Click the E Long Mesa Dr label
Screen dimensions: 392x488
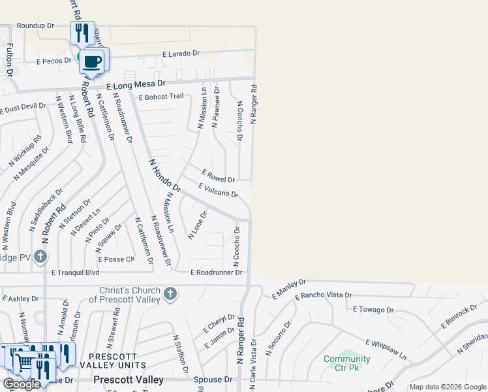click(137, 85)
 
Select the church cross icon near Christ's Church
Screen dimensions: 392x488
click(170, 294)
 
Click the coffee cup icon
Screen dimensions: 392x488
click(91, 62)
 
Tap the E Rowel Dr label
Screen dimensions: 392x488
click(219, 176)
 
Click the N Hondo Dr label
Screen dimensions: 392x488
click(164, 174)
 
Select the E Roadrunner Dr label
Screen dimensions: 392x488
click(216, 272)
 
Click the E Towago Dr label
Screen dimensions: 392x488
click(373, 310)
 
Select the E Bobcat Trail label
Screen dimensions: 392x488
click(161, 97)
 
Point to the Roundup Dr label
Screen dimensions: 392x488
click(35, 25)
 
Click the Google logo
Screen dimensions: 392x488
click(22, 384)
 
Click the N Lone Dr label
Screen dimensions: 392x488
click(197, 225)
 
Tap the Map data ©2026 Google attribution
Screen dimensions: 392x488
click(448, 387)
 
